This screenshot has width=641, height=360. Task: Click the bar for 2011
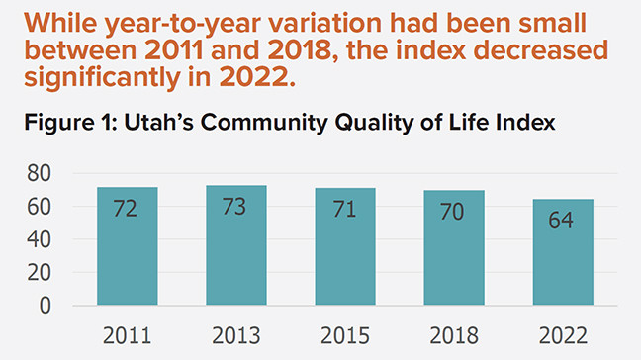pos(128,246)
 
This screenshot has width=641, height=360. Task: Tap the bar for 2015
pos(346,247)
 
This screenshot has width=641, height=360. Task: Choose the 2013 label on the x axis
pos(236,334)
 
